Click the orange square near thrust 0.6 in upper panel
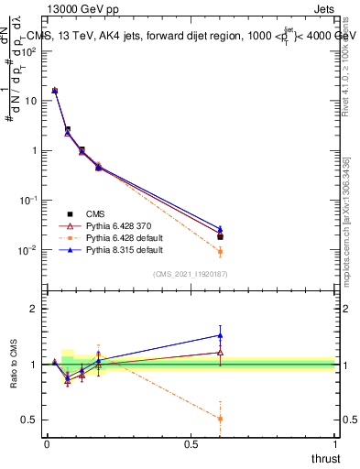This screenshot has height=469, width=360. (x=220, y=251)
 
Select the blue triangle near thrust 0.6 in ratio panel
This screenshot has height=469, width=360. (x=220, y=335)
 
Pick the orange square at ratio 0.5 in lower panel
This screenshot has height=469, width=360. (x=220, y=419)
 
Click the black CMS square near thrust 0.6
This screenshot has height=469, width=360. (x=220, y=236)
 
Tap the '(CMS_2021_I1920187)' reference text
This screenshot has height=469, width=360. (x=190, y=274)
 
